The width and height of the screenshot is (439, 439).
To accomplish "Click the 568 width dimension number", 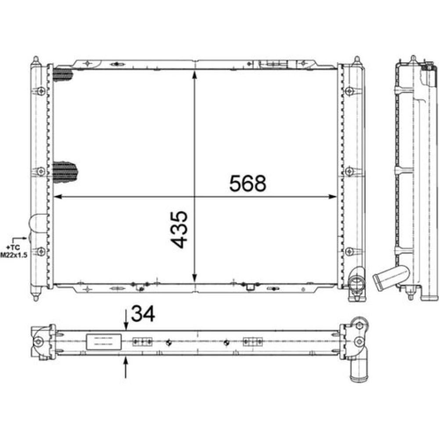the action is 248,184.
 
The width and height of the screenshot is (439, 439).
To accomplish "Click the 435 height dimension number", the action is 180,230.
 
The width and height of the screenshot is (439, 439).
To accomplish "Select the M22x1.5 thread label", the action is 14,255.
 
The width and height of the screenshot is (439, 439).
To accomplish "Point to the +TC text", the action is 14,248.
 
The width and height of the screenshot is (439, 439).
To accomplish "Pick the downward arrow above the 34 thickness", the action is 126,320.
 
